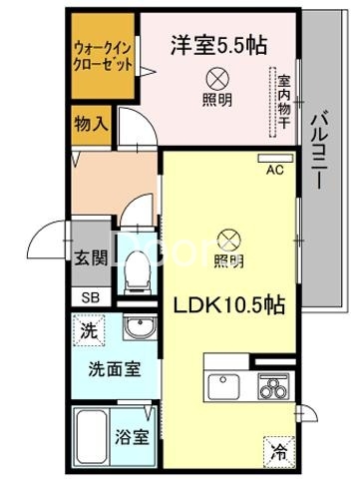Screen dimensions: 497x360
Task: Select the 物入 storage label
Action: tap(92, 125)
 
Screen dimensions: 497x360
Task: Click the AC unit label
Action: tap(274, 170)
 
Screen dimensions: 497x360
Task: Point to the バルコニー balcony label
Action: tap(322, 151)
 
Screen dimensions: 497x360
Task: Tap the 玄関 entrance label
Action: tap(89, 255)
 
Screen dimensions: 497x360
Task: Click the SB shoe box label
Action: tap(89, 296)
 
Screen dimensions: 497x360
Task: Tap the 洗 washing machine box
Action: tap(90, 329)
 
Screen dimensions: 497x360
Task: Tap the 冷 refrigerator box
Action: tap(278, 452)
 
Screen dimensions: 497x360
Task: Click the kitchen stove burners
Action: tap(271, 383)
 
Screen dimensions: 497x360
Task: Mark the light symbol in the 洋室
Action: tap(213, 78)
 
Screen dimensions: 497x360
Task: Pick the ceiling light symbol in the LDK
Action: tap(228, 240)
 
